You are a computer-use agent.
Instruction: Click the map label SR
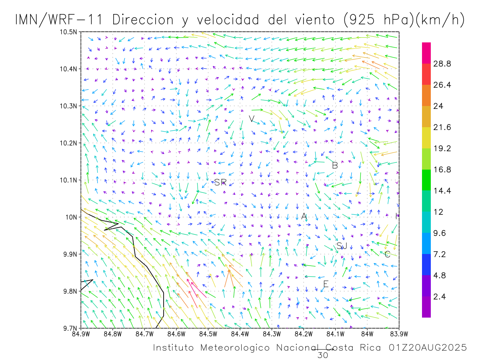pos(220,182)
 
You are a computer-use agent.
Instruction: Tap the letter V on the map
pos(252,119)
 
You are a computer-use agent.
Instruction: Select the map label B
pos(335,165)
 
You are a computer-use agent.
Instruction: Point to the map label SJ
pos(342,246)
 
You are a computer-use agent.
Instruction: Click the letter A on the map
pos(304,216)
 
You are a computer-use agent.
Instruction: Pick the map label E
pos(326,284)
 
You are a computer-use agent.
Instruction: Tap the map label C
pos(387,254)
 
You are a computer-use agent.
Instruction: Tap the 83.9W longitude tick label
pos(398,333)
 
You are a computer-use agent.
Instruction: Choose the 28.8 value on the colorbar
pos(442,64)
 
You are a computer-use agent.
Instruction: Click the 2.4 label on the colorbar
pos(440,296)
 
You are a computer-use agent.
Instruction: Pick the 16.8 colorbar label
pos(442,170)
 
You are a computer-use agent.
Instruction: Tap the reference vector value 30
pos(322,355)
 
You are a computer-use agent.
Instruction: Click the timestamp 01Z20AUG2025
pos(427,348)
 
